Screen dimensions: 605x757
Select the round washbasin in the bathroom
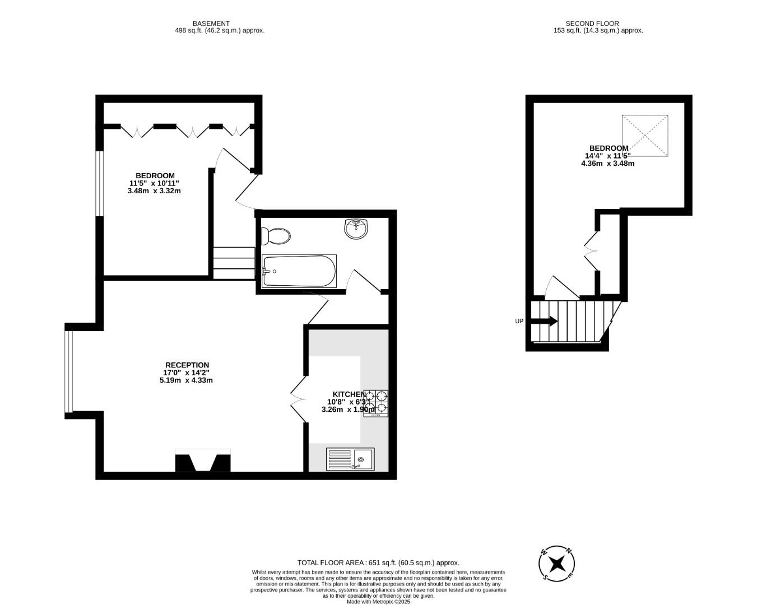[356, 229]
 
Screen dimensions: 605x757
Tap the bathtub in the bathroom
[299, 271]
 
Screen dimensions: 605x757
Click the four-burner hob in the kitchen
[376, 403]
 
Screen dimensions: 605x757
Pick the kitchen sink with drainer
[350, 459]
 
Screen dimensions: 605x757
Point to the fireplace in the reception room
[203, 461]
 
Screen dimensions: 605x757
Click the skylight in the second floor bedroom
[645, 136]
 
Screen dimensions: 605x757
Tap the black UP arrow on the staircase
[544, 321]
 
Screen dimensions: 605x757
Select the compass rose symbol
[557, 564]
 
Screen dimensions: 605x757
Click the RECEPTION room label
[187, 365]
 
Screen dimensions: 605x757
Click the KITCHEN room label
[349, 394]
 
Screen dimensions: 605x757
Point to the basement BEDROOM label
[155, 176]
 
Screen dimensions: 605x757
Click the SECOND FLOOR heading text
[592, 24]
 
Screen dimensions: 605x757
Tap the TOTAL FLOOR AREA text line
[378, 562]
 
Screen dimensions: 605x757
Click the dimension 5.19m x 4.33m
[186, 380]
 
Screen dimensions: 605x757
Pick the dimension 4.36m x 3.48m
[607, 164]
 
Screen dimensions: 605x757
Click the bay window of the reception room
[68, 371]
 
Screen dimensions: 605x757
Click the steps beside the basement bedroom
[234, 263]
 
